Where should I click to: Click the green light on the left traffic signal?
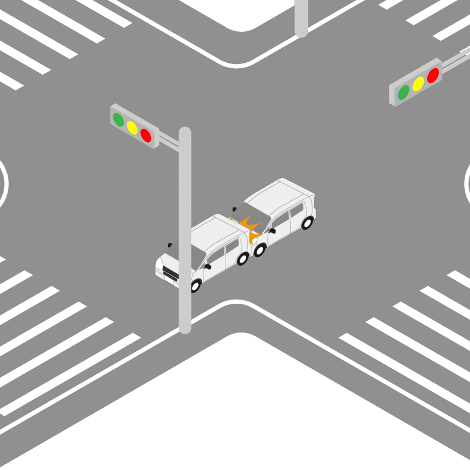click(x=119, y=120)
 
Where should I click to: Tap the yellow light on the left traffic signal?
click(x=132, y=128)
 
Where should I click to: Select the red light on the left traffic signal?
click(x=146, y=136)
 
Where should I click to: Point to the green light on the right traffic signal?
click(x=404, y=92)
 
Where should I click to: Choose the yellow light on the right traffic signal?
click(x=418, y=84)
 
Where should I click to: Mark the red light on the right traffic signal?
click(x=433, y=75)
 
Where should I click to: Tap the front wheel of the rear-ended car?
click(x=196, y=286)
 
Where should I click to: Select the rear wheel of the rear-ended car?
click(x=243, y=258)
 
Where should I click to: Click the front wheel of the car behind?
click(x=260, y=249)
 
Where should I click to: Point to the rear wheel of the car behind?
click(x=307, y=222)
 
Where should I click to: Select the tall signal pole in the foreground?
click(x=185, y=235)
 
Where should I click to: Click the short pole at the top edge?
click(x=301, y=18)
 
